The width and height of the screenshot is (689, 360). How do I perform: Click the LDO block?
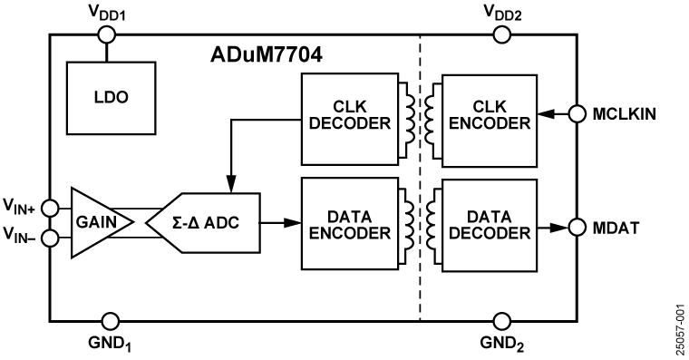pos(111,98)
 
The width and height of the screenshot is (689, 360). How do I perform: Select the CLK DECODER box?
pos(349,119)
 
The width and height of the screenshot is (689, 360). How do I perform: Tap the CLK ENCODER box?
pos(489,121)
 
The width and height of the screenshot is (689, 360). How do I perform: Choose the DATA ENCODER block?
pos(349,223)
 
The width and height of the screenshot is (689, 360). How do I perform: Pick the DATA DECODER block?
pos(489,225)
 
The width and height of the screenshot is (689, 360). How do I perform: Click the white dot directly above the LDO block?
pos(107,35)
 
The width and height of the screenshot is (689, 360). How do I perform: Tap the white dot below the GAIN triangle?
pos(111,321)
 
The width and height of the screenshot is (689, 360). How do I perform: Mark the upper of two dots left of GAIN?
pos(50,209)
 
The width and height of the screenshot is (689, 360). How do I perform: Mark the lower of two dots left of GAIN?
pos(50,238)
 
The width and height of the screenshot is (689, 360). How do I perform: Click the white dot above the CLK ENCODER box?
pos(502,35)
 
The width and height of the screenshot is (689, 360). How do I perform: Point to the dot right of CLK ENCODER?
pos(577,114)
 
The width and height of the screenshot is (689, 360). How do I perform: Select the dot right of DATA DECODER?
pos(577,227)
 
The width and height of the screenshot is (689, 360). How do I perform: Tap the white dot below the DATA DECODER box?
pos(502,321)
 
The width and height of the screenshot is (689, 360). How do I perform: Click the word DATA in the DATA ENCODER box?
pos(349,218)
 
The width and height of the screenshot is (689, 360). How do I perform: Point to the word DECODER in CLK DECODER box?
pos(349,124)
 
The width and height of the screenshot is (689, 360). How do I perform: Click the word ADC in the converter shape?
pos(222,222)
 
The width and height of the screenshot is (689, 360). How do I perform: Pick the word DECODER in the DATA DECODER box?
pos(489,233)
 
